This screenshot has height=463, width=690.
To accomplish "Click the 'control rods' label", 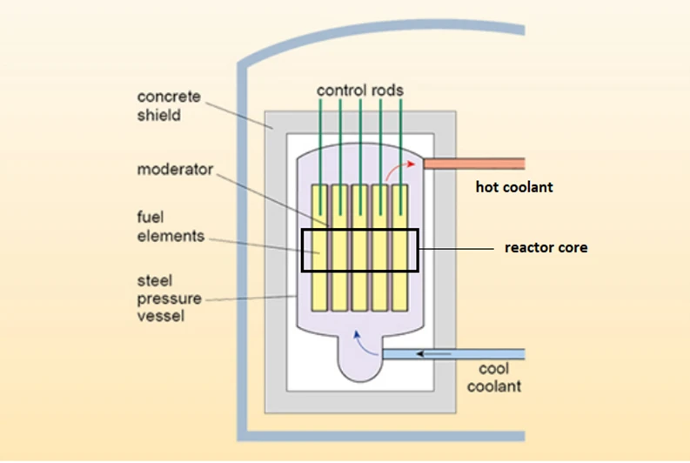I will click(359, 90).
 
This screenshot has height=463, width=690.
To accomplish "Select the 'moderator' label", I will click(175, 170).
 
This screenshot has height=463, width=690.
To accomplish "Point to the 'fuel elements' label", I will click(170, 225).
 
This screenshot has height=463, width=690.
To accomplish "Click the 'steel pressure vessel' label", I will click(169, 299).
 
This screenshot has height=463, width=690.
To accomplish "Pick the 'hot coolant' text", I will click(513, 187).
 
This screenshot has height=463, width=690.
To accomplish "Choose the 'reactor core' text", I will click(546, 248).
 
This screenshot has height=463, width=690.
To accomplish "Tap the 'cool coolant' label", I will click(493, 378).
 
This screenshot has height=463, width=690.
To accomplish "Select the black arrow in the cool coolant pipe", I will click(432, 353).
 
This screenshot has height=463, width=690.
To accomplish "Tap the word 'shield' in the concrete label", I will click(159, 114).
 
